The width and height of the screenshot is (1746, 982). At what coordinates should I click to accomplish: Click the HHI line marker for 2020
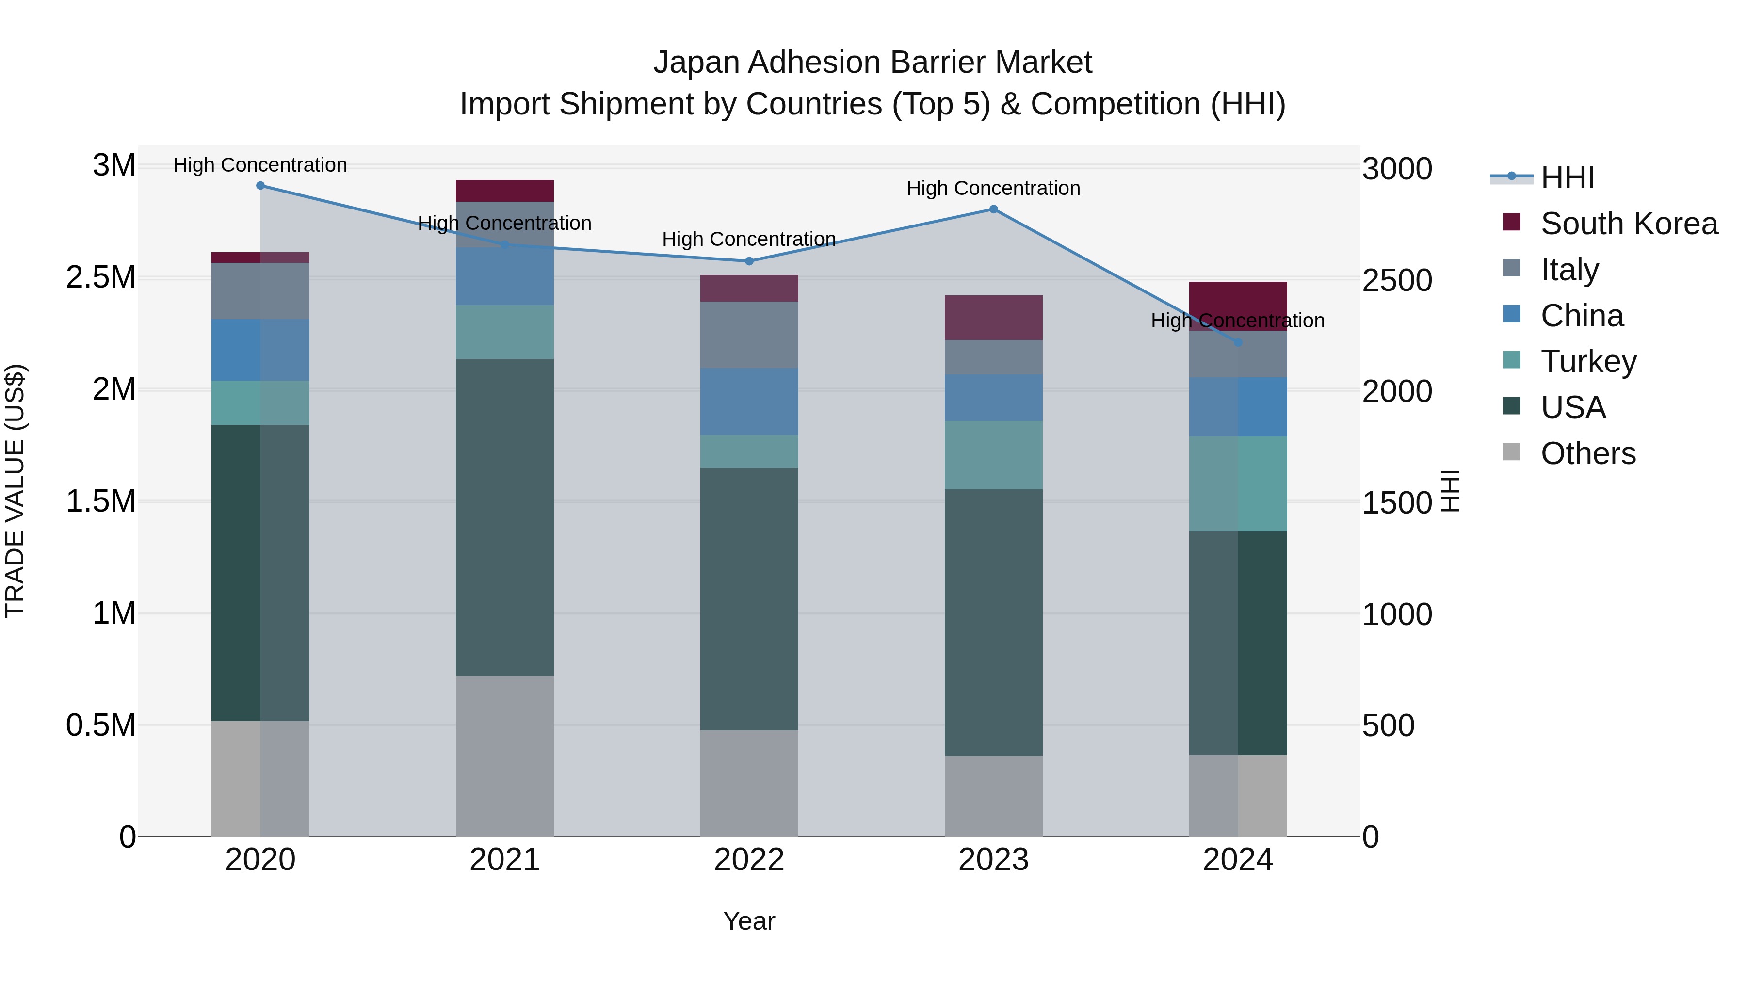coord(260,186)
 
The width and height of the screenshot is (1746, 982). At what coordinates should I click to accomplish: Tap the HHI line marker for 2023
coord(994,209)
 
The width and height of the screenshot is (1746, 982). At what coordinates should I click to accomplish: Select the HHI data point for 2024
coord(1238,343)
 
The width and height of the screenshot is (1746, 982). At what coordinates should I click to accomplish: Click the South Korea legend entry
coord(1629,224)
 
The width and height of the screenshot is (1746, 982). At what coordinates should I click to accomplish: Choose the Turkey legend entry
coord(1588,361)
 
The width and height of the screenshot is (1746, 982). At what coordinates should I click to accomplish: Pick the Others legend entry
coord(1587,453)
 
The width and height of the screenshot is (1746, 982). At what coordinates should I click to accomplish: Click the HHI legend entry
coord(1567,177)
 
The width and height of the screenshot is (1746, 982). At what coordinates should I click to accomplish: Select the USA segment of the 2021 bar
coord(504,517)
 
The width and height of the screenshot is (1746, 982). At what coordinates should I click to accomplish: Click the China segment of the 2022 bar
coord(749,402)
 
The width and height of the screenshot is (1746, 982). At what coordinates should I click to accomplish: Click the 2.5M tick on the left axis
coord(101,278)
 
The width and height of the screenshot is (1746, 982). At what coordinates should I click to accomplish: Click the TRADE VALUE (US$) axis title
coord(15,491)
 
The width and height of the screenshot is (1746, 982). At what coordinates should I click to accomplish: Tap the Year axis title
coord(749,921)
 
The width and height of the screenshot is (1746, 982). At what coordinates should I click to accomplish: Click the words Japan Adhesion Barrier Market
coord(873,63)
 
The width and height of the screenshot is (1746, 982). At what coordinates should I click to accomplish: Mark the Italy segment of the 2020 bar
coord(260,291)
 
